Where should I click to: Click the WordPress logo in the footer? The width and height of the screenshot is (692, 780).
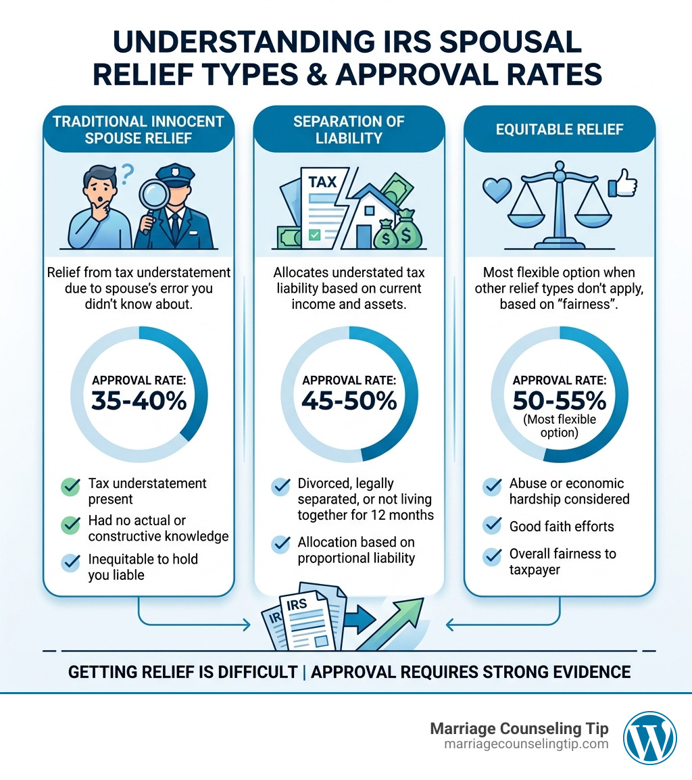coord(649,737)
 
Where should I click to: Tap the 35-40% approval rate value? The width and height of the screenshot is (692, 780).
coord(138,401)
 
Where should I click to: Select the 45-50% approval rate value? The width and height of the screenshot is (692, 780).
coord(349,401)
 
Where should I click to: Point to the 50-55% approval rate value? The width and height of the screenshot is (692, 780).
coord(559,401)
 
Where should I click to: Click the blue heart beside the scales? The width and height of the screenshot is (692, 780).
coord(496,191)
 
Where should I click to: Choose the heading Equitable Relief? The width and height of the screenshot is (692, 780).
coord(559,128)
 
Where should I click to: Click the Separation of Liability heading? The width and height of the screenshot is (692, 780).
coord(349,129)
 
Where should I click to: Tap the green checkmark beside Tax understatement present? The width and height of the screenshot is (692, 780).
coord(70,485)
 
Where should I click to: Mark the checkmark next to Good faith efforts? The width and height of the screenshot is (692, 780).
coord(491,526)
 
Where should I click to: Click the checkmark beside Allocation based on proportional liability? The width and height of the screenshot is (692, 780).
coord(280,543)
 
